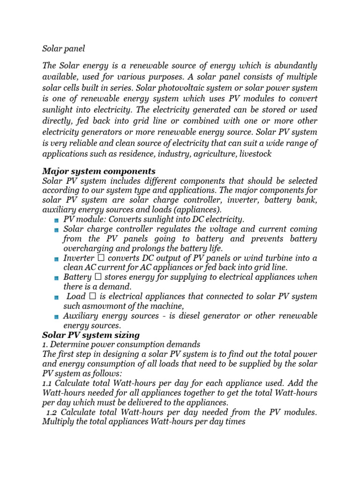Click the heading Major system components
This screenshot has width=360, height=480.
coord(98,171)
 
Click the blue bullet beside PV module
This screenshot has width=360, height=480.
coord(56,220)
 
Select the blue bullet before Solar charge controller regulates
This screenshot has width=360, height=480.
coord(56,230)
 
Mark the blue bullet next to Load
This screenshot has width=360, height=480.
coord(56,297)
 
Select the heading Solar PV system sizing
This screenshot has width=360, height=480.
coord(90,335)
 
